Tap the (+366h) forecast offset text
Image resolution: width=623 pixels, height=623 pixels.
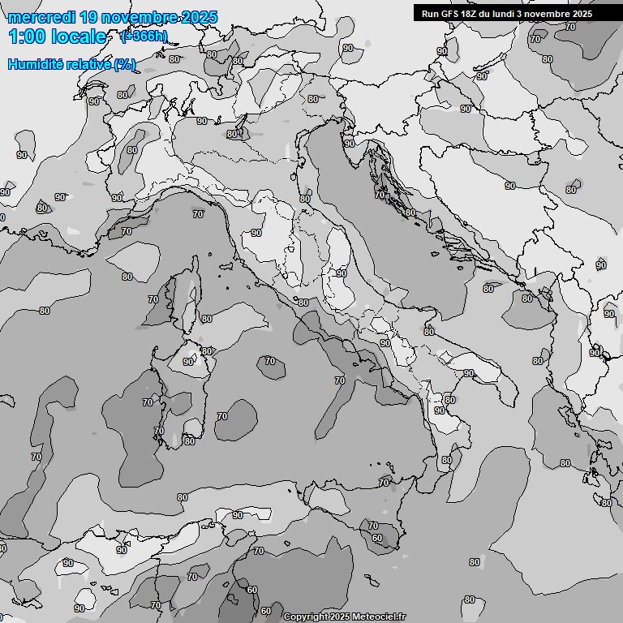click(144, 36)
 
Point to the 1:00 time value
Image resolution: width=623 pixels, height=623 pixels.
click(27, 37)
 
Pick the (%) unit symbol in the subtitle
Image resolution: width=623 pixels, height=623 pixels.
click(125, 64)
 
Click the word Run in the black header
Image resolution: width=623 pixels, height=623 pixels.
click(430, 14)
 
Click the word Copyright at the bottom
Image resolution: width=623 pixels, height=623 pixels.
click(305, 617)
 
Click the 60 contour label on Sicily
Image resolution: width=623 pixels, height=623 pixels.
click(376, 538)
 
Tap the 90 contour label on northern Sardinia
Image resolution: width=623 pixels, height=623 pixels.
click(188, 362)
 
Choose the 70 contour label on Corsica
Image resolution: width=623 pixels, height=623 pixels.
click(153, 299)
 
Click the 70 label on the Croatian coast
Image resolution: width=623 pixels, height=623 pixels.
click(380, 195)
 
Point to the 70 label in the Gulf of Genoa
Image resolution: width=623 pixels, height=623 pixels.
click(198, 214)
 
